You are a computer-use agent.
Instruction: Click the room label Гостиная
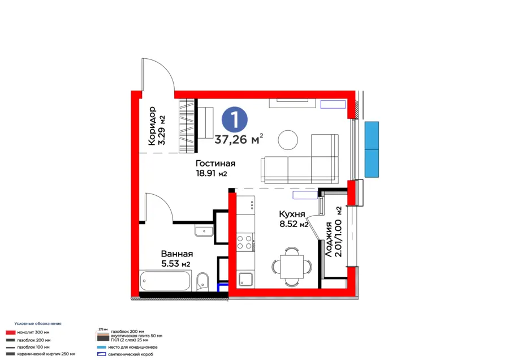point(216,164)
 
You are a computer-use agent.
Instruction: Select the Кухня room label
point(292,214)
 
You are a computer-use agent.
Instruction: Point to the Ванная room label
point(176,254)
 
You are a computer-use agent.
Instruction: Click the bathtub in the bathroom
point(165,280)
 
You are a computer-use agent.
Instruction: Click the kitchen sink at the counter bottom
point(245,278)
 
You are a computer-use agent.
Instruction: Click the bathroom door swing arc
point(160,206)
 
